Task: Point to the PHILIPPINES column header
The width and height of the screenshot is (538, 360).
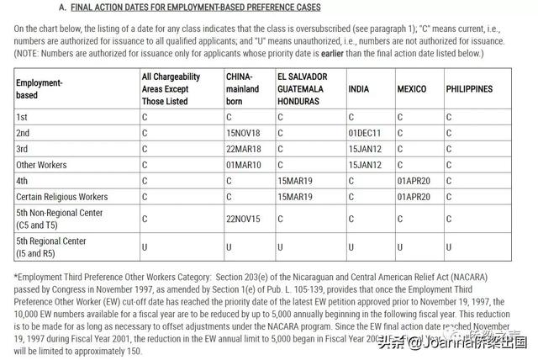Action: coord(469,89)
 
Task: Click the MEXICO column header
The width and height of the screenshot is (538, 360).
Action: coord(412,89)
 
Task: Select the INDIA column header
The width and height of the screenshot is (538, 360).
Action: coord(359,89)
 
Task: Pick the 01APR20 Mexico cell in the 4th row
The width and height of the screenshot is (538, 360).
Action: coord(414,181)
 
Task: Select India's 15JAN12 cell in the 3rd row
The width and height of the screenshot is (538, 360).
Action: coord(366,149)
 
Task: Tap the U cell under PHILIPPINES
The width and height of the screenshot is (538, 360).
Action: coord(449,247)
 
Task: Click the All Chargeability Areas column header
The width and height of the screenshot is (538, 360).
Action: coord(173,89)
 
